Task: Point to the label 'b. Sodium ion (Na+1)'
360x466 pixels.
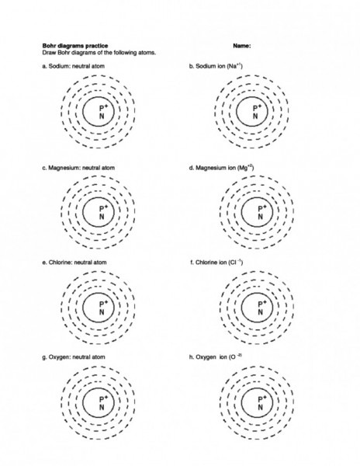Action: click(x=216, y=68)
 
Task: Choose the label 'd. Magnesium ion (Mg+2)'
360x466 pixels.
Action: click(x=222, y=166)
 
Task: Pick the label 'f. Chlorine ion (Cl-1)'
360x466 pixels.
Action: click(x=216, y=263)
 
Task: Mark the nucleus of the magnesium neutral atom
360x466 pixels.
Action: click(x=100, y=211)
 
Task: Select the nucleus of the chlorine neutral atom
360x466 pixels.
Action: click(x=100, y=307)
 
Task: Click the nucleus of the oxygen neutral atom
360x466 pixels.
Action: click(x=100, y=402)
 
